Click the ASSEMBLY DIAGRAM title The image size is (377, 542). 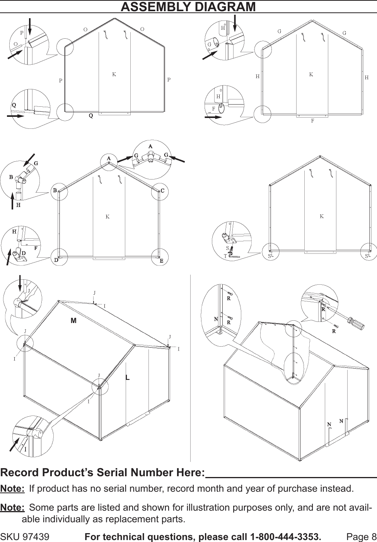coord(188,7)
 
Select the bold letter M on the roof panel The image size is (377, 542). coord(73,321)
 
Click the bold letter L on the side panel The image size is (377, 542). coord(127,376)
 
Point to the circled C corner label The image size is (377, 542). coord(162,191)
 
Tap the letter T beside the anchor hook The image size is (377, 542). coord(225,256)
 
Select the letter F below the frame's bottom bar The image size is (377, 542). coord(312,121)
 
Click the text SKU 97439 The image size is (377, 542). coord(25,537)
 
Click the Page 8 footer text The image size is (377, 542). coord(361,537)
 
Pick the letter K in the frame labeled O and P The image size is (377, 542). coord(114,74)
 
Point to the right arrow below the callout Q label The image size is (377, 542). coord(15,115)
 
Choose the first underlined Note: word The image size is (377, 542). coord(12,489)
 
